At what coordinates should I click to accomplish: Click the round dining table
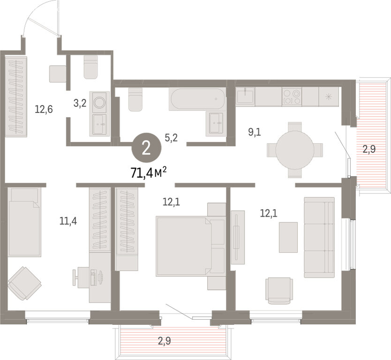click(295, 150)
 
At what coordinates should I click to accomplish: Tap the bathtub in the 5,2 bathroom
click(197, 99)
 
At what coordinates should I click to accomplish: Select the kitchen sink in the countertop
click(245, 96)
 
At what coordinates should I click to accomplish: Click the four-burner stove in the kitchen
click(292, 97)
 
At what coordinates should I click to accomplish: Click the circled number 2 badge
click(146, 148)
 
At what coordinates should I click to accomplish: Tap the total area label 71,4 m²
click(149, 173)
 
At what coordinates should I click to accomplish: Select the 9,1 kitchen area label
click(255, 132)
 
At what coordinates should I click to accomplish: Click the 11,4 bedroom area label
click(68, 221)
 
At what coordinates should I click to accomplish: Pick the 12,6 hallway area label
click(44, 109)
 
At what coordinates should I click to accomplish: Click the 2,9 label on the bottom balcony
click(165, 341)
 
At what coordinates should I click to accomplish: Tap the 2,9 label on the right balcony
click(369, 150)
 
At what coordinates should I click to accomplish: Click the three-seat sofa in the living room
click(319, 237)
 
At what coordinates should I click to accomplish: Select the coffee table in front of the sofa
click(288, 237)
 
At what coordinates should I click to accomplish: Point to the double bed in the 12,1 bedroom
click(191, 246)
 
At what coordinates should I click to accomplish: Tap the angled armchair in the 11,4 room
click(24, 283)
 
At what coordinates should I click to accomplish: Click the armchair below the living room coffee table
click(279, 291)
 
